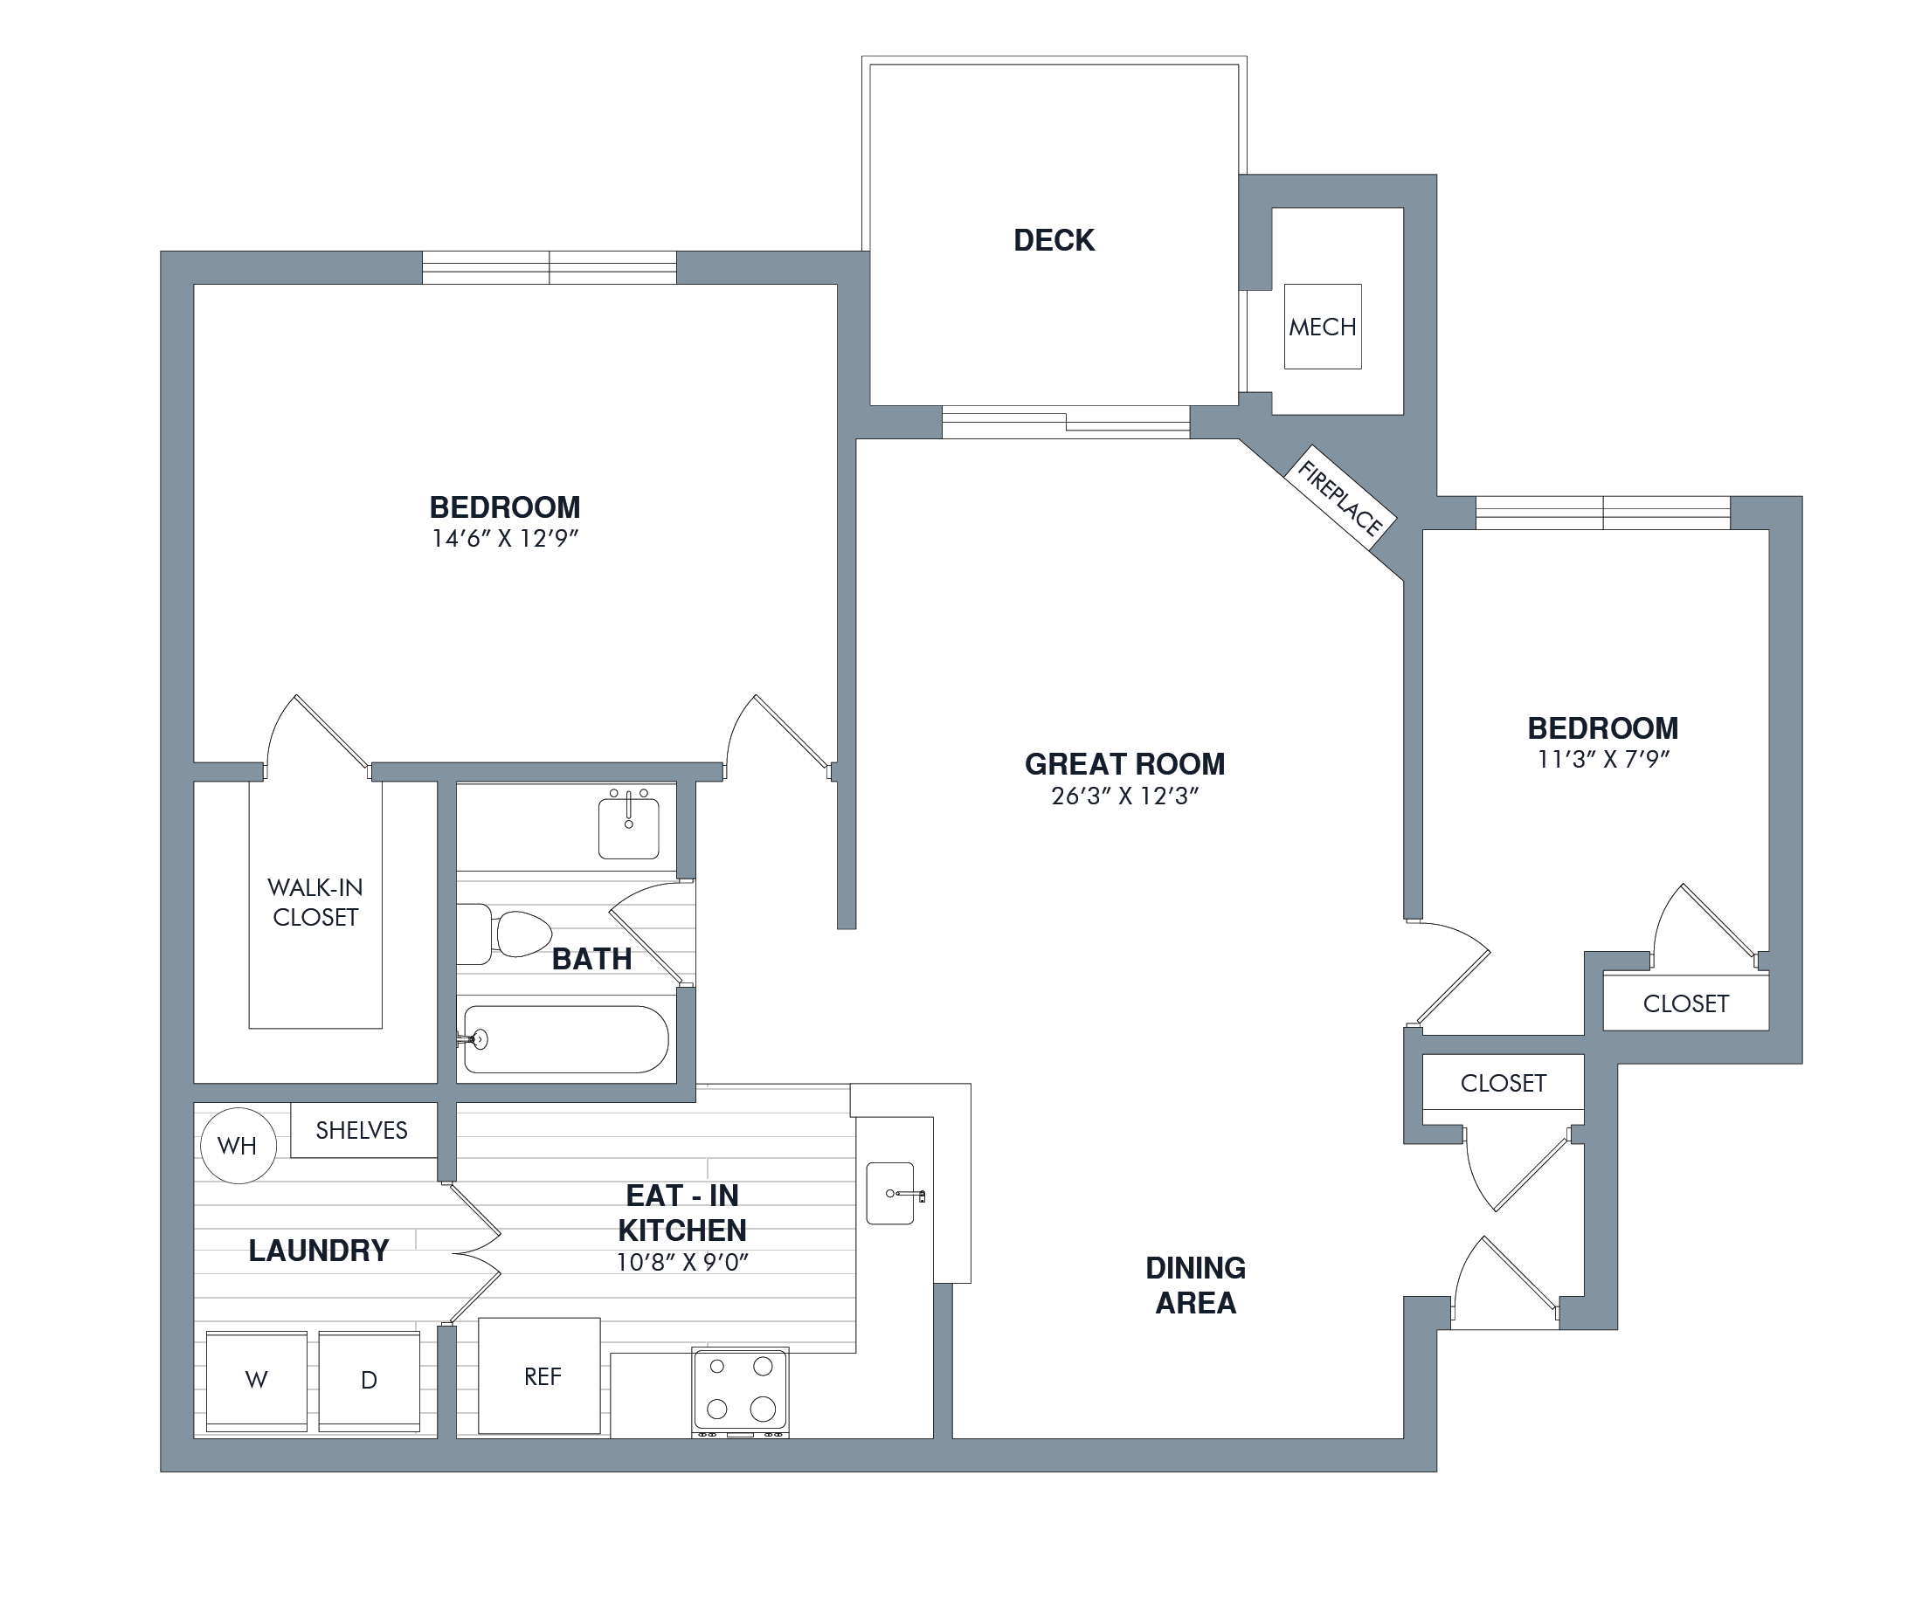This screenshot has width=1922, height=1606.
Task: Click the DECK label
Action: [1054, 240]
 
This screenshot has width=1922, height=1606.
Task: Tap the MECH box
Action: [1323, 327]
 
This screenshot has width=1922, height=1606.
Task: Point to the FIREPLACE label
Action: [1340, 498]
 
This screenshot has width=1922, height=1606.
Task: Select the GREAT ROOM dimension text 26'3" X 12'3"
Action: [1125, 796]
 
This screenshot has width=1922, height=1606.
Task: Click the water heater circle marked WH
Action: [238, 1146]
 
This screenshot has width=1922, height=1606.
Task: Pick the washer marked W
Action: [257, 1381]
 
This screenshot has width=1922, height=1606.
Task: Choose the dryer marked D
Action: [369, 1381]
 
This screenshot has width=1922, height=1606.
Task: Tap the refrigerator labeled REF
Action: [540, 1376]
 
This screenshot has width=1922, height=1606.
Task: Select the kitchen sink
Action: [890, 1193]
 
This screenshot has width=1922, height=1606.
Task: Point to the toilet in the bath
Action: [504, 934]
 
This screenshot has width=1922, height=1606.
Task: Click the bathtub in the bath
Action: [565, 1039]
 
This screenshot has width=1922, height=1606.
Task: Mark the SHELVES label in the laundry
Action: [362, 1130]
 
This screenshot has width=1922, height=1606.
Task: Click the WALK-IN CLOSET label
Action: [315, 902]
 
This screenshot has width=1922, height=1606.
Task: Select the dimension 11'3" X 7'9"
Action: [1603, 759]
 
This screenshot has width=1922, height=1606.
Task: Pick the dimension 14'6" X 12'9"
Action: [505, 538]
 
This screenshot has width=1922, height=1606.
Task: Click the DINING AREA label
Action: [1195, 1285]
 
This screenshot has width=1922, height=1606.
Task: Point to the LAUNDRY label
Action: [319, 1251]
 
